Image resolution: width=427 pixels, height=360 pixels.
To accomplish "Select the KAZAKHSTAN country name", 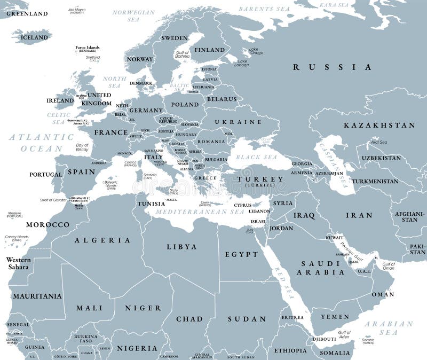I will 379,125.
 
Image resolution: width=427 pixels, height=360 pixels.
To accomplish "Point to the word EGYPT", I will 241,254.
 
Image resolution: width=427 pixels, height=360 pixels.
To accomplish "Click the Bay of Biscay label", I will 82,148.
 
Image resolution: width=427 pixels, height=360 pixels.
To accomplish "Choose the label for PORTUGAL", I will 46,175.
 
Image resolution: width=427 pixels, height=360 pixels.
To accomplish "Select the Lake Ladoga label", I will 243,62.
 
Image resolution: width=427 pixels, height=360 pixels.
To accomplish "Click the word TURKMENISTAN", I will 375,181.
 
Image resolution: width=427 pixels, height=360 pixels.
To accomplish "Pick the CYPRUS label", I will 243,205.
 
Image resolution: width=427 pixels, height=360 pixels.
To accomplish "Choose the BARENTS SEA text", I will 264,9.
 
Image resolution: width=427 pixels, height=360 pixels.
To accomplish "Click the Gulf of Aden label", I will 344,335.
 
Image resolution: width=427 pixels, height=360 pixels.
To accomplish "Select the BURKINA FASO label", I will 86,338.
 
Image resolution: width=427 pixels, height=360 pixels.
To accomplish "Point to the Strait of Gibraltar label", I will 53,199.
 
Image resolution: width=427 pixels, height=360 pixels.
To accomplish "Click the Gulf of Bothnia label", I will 183,54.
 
